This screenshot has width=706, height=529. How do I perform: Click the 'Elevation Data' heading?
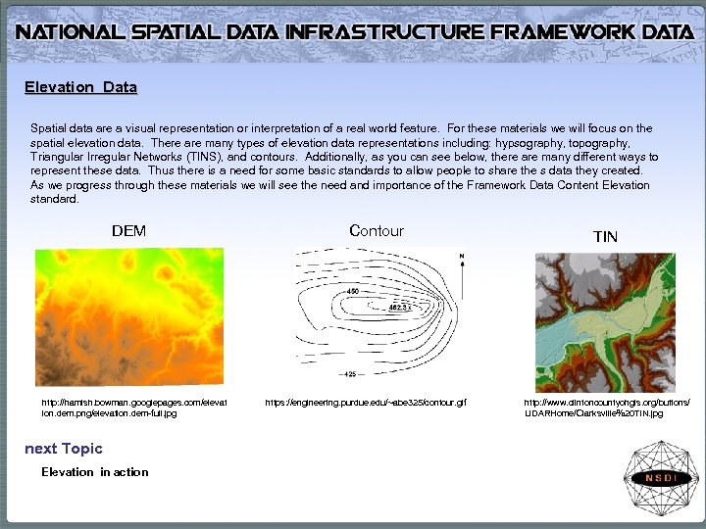coord(80,87)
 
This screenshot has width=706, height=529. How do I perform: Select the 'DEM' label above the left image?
coord(128,231)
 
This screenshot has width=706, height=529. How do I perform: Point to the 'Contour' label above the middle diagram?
coord(376,231)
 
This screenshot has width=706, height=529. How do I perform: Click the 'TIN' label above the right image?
coord(605,236)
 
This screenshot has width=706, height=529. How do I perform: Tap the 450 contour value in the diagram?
coord(352,292)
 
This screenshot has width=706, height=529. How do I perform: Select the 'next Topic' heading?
coord(63,449)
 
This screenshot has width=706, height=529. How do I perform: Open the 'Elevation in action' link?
coord(94,472)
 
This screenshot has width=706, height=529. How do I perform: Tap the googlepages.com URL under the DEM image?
coord(133,408)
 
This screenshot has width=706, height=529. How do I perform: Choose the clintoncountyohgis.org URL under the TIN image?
coord(606,408)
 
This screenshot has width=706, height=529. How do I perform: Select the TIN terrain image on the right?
coord(605,322)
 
